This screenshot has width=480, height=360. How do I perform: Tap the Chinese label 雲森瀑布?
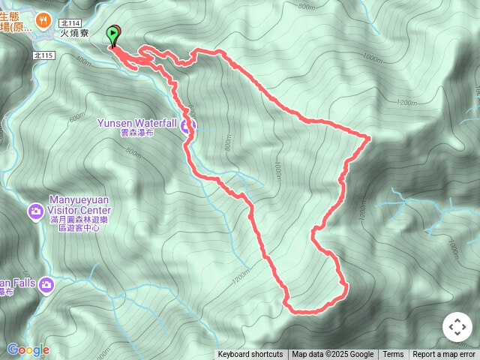point(137,132)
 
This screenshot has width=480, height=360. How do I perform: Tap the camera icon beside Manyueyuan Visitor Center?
point(35,212)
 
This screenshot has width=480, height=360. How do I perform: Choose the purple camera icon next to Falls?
point(46,285)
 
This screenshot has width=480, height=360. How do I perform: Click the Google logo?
point(28,350)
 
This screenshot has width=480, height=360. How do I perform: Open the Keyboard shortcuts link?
point(250,355)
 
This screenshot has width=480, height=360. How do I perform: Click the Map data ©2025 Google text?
point(332,355)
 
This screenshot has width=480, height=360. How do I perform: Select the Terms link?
point(393,355)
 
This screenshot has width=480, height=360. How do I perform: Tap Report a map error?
point(444,355)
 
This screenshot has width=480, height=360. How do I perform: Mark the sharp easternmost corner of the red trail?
point(370,137)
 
